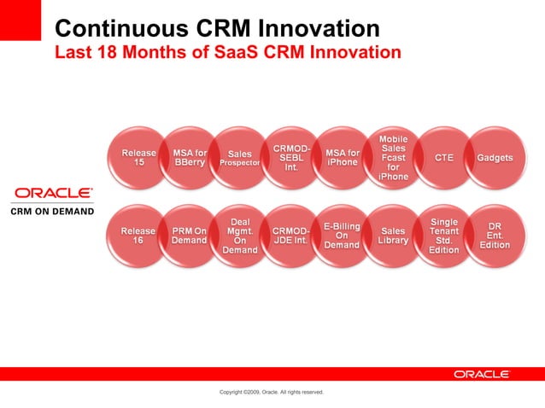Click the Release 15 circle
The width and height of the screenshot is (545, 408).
coord(138,158)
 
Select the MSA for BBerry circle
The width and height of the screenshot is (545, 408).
coord(189,158)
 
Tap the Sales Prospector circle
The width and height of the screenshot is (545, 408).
coord(240,158)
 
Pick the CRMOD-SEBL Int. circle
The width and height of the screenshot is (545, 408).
coord(291,158)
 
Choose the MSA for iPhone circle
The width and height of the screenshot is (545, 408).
coord(343,158)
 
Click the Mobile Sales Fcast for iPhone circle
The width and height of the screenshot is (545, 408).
coord(393,158)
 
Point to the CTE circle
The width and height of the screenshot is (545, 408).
coord(444,158)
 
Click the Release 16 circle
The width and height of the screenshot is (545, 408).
coord(138,236)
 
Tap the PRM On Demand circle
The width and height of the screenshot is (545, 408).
coord(189,236)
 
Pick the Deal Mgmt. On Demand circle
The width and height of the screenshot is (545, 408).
coord(240,236)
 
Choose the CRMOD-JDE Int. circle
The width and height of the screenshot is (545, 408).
coord(291,236)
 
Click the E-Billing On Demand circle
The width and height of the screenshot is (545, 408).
coord(342,236)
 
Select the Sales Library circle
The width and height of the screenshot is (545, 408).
coord(393,236)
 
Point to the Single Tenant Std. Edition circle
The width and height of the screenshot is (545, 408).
coord(444,236)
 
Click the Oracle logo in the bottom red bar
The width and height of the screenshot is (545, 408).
coord(482,374)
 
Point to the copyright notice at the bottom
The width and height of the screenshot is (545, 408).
coord(272,392)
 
